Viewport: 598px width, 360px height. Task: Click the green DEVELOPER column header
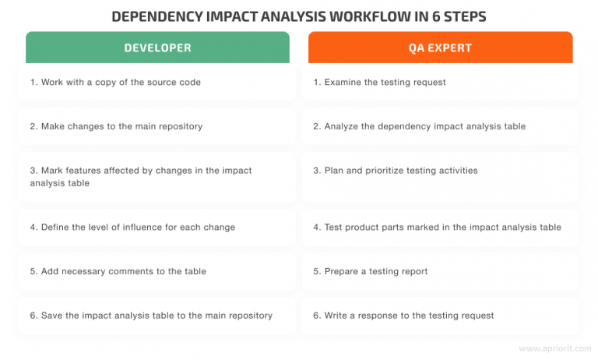click(157, 48)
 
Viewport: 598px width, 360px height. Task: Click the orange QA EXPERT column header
click(440, 48)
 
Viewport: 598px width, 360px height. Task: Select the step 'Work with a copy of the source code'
click(115, 82)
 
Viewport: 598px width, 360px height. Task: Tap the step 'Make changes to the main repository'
click(115, 126)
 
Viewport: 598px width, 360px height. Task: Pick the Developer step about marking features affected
click(141, 176)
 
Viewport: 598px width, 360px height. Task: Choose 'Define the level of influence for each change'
click(132, 227)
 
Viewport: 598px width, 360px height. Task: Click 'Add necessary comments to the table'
click(118, 271)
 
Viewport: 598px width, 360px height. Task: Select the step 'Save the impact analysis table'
click(151, 316)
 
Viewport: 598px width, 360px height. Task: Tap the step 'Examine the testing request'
click(380, 82)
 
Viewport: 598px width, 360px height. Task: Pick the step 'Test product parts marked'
click(436, 227)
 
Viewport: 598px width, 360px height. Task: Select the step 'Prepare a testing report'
click(371, 271)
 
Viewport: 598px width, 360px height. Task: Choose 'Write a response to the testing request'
click(403, 316)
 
